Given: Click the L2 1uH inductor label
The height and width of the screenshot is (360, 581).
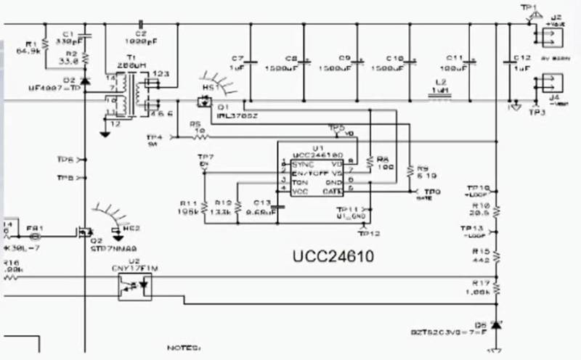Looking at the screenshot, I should [438, 88].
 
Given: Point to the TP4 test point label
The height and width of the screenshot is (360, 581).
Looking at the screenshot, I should [153, 140].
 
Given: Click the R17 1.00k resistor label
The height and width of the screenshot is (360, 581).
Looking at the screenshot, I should [479, 287].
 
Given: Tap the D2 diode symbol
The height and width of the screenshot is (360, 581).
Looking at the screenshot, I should [86, 81].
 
